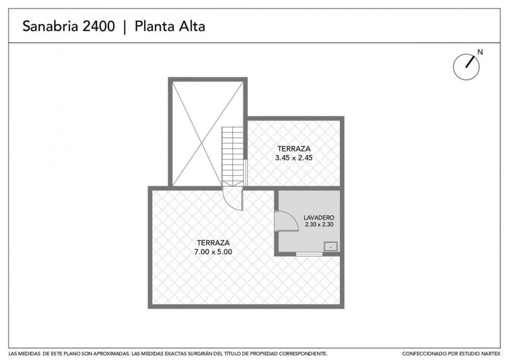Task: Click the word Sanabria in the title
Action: tap(50, 26)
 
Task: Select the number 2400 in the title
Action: tap(99, 26)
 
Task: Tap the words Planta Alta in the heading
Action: tap(170, 26)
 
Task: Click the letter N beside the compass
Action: tap(480, 52)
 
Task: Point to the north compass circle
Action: tap(453, 67)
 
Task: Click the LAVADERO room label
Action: tap(319, 218)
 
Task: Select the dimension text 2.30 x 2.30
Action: tap(319, 224)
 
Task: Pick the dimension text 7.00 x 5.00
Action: tap(213, 252)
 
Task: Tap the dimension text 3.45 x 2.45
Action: tap(294, 158)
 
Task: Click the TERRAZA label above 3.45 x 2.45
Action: tap(294, 149)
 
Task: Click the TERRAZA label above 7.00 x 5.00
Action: tap(213, 243)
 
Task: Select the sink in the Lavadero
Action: tap(331, 247)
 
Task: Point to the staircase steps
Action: tap(233, 157)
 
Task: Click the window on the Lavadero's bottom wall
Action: tap(309, 254)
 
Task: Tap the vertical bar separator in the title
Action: tap(125, 27)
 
